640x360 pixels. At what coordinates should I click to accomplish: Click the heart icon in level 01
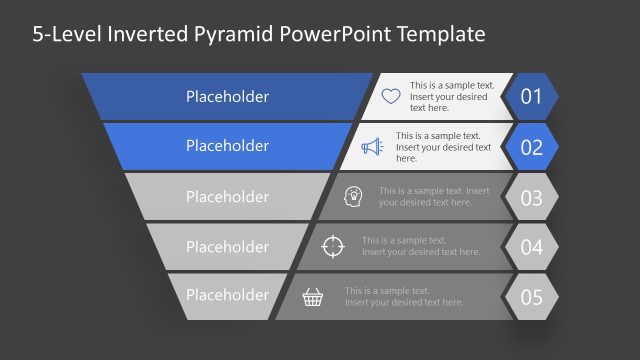[x=390, y=97]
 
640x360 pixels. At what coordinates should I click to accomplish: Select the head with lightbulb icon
[x=353, y=196]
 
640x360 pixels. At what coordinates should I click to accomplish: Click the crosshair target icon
[x=334, y=246]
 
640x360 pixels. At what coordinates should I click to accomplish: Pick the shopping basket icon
[x=313, y=297]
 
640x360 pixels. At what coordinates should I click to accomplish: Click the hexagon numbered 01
[x=531, y=97]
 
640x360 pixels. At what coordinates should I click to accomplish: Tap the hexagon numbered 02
[x=531, y=147]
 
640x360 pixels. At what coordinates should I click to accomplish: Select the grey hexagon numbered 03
[x=531, y=197]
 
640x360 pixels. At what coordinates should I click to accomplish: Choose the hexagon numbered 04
[x=531, y=247]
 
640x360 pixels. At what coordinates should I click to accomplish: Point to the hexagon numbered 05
[x=531, y=297]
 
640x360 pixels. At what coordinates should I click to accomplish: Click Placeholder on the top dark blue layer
[x=227, y=97]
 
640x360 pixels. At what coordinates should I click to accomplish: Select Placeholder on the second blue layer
[x=227, y=146]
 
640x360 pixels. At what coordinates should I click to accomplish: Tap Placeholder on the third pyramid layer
[x=227, y=197]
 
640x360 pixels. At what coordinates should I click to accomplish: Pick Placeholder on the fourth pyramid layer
[x=227, y=247]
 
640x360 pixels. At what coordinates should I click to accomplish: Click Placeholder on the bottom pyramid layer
[x=227, y=296]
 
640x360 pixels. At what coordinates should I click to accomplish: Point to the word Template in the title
[x=438, y=34]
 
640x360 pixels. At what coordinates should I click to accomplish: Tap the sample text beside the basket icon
[x=404, y=296]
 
